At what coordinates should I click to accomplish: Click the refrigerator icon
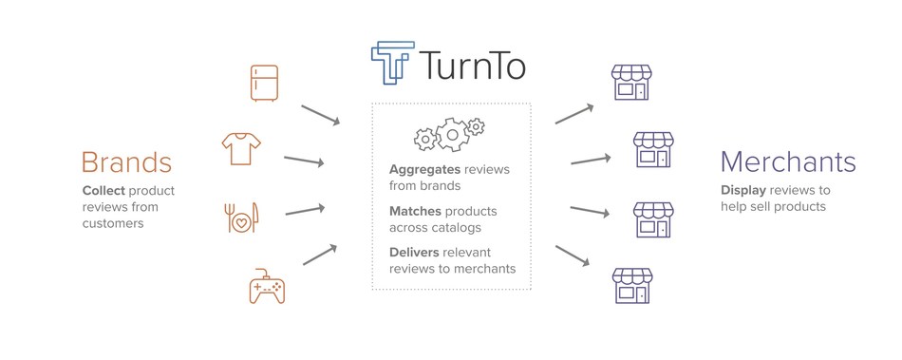point(264,83)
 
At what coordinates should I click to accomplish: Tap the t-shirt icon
point(240,147)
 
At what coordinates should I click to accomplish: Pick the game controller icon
point(267,284)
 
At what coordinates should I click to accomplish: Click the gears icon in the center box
point(449,135)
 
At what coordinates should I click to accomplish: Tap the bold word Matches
point(416,210)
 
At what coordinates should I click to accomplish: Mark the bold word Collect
point(103,190)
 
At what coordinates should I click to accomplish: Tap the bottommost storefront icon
point(630,284)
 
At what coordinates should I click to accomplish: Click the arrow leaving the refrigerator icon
point(320,114)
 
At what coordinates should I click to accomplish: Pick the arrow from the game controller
point(320,254)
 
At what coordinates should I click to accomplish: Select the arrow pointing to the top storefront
point(574,112)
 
